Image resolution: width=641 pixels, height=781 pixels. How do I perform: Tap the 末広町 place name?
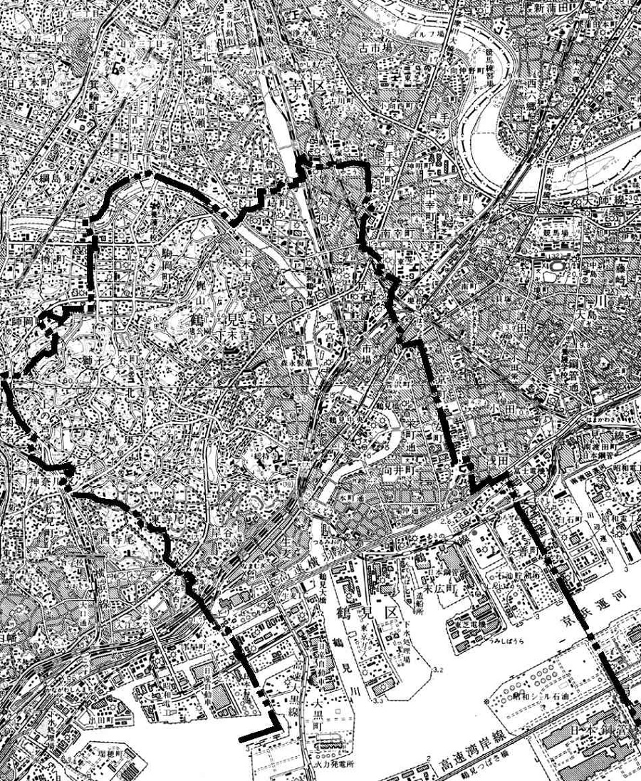click(436, 590)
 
